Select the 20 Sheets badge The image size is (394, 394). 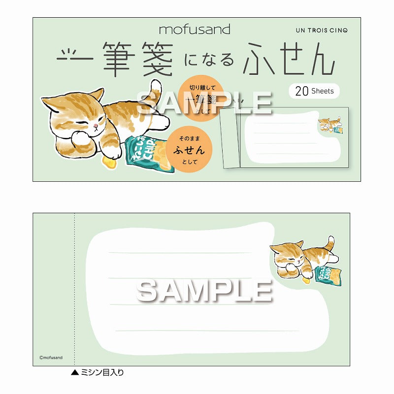click(x=314, y=91)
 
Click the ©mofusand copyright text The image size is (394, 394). click(x=51, y=358)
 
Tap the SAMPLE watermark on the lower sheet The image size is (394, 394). click(x=204, y=291)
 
